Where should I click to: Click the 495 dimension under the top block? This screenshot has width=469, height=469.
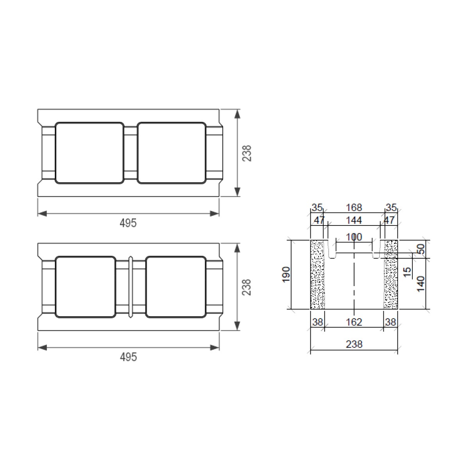pyautogui.click(x=128, y=223)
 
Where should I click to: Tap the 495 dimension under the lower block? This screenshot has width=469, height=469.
pyautogui.click(x=129, y=357)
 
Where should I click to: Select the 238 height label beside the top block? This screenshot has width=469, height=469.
pyautogui.click(x=247, y=153)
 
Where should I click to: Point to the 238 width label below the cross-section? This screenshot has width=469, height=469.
pyautogui.click(x=354, y=344)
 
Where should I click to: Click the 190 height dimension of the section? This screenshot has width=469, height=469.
pyautogui.click(x=286, y=274)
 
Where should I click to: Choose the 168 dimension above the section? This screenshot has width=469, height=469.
pyautogui.click(x=354, y=208)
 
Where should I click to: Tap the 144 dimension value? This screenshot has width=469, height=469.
pyautogui.click(x=354, y=220)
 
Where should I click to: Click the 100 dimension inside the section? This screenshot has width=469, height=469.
pyautogui.click(x=354, y=237)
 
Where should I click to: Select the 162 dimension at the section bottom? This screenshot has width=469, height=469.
pyautogui.click(x=354, y=322)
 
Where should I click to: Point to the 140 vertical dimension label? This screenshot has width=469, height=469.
pyautogui.click(x=421, y=284)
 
